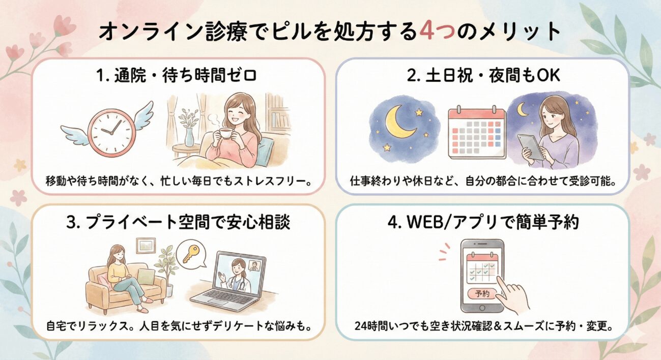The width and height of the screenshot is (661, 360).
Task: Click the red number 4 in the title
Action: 426,32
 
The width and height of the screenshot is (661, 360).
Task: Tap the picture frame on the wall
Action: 147,246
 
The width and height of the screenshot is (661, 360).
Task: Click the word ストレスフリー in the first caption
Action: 271,181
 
